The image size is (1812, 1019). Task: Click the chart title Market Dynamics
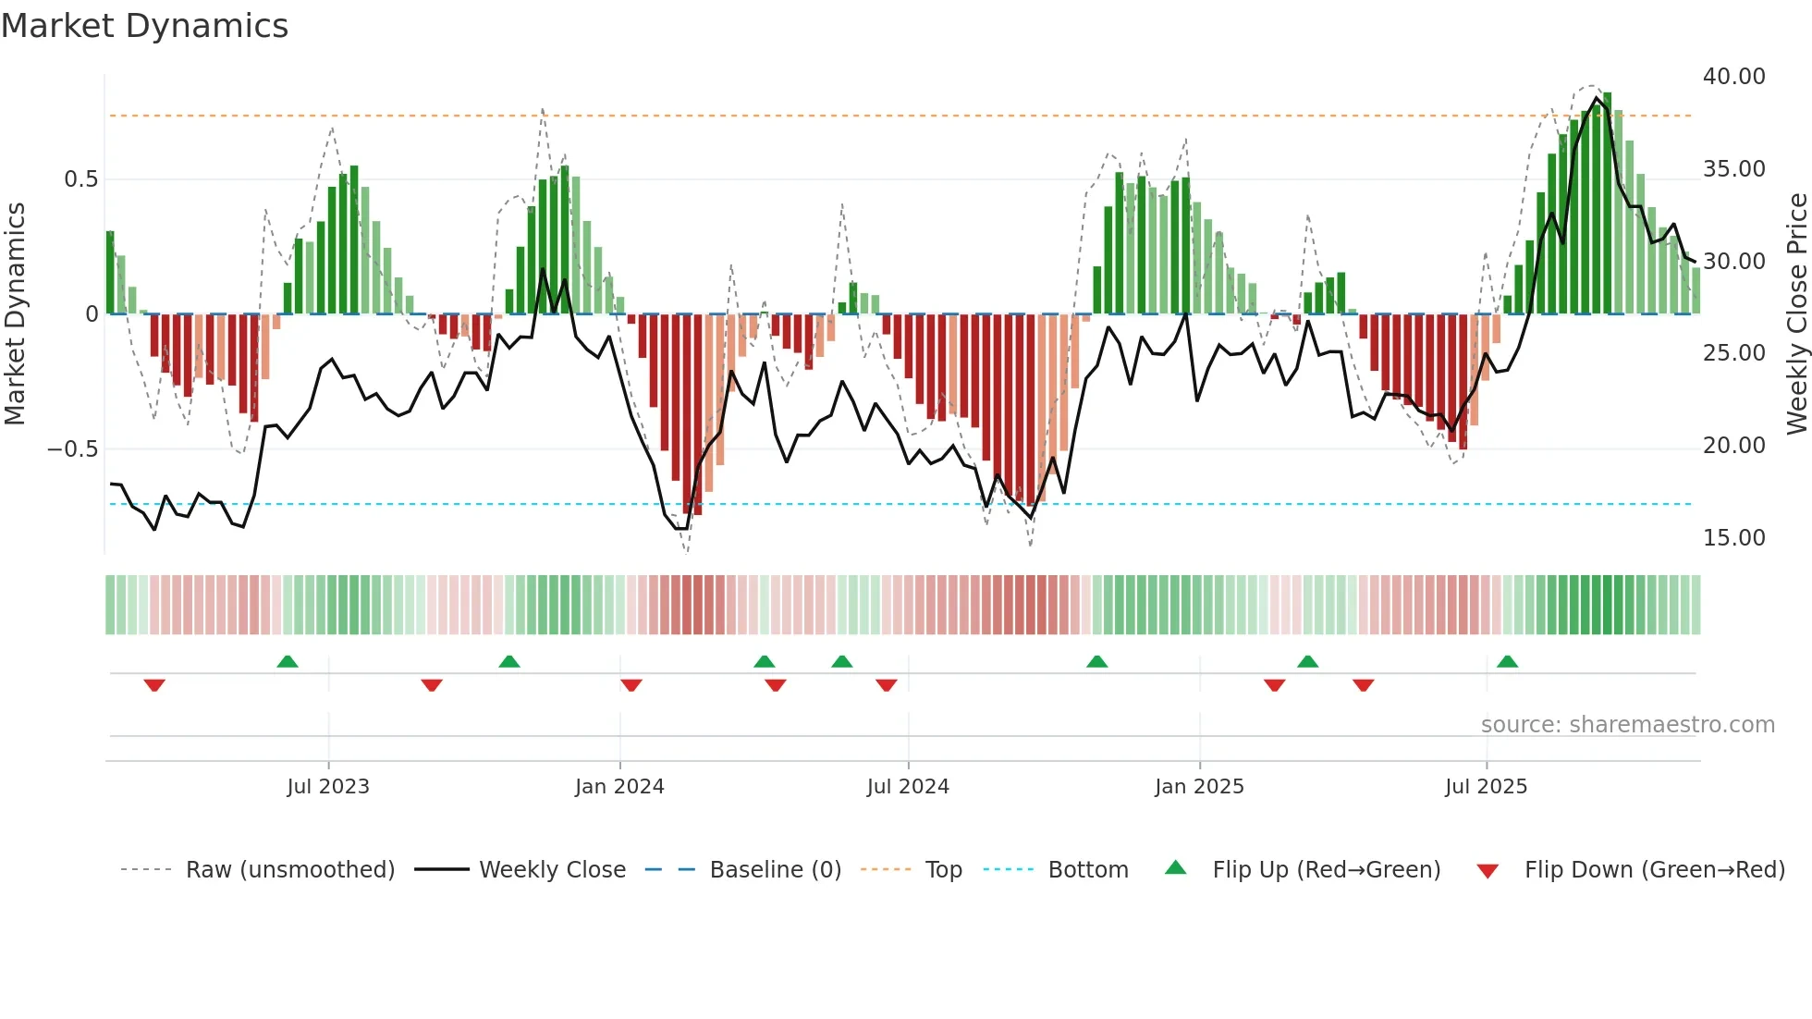point(144,26)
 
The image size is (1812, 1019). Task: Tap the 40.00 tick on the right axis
point(1733,77)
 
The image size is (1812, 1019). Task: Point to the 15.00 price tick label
point(1733,538)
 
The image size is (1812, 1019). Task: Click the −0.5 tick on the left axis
point(72,449)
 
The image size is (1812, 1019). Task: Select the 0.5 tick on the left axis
point(80,179)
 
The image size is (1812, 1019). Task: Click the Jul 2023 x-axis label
point(327,787)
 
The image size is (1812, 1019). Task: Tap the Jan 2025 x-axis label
point(1199,787)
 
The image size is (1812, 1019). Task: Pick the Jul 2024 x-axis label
point(908,787)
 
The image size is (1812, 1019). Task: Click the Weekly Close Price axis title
point(1796,314)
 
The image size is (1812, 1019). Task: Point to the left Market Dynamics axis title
point(15,314)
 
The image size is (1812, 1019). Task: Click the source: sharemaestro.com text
point(1627,725)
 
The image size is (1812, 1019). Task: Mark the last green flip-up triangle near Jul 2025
point(1507,661)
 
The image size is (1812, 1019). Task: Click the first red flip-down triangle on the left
point(154,685)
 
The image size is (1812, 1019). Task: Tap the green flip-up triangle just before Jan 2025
point(1096,661)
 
